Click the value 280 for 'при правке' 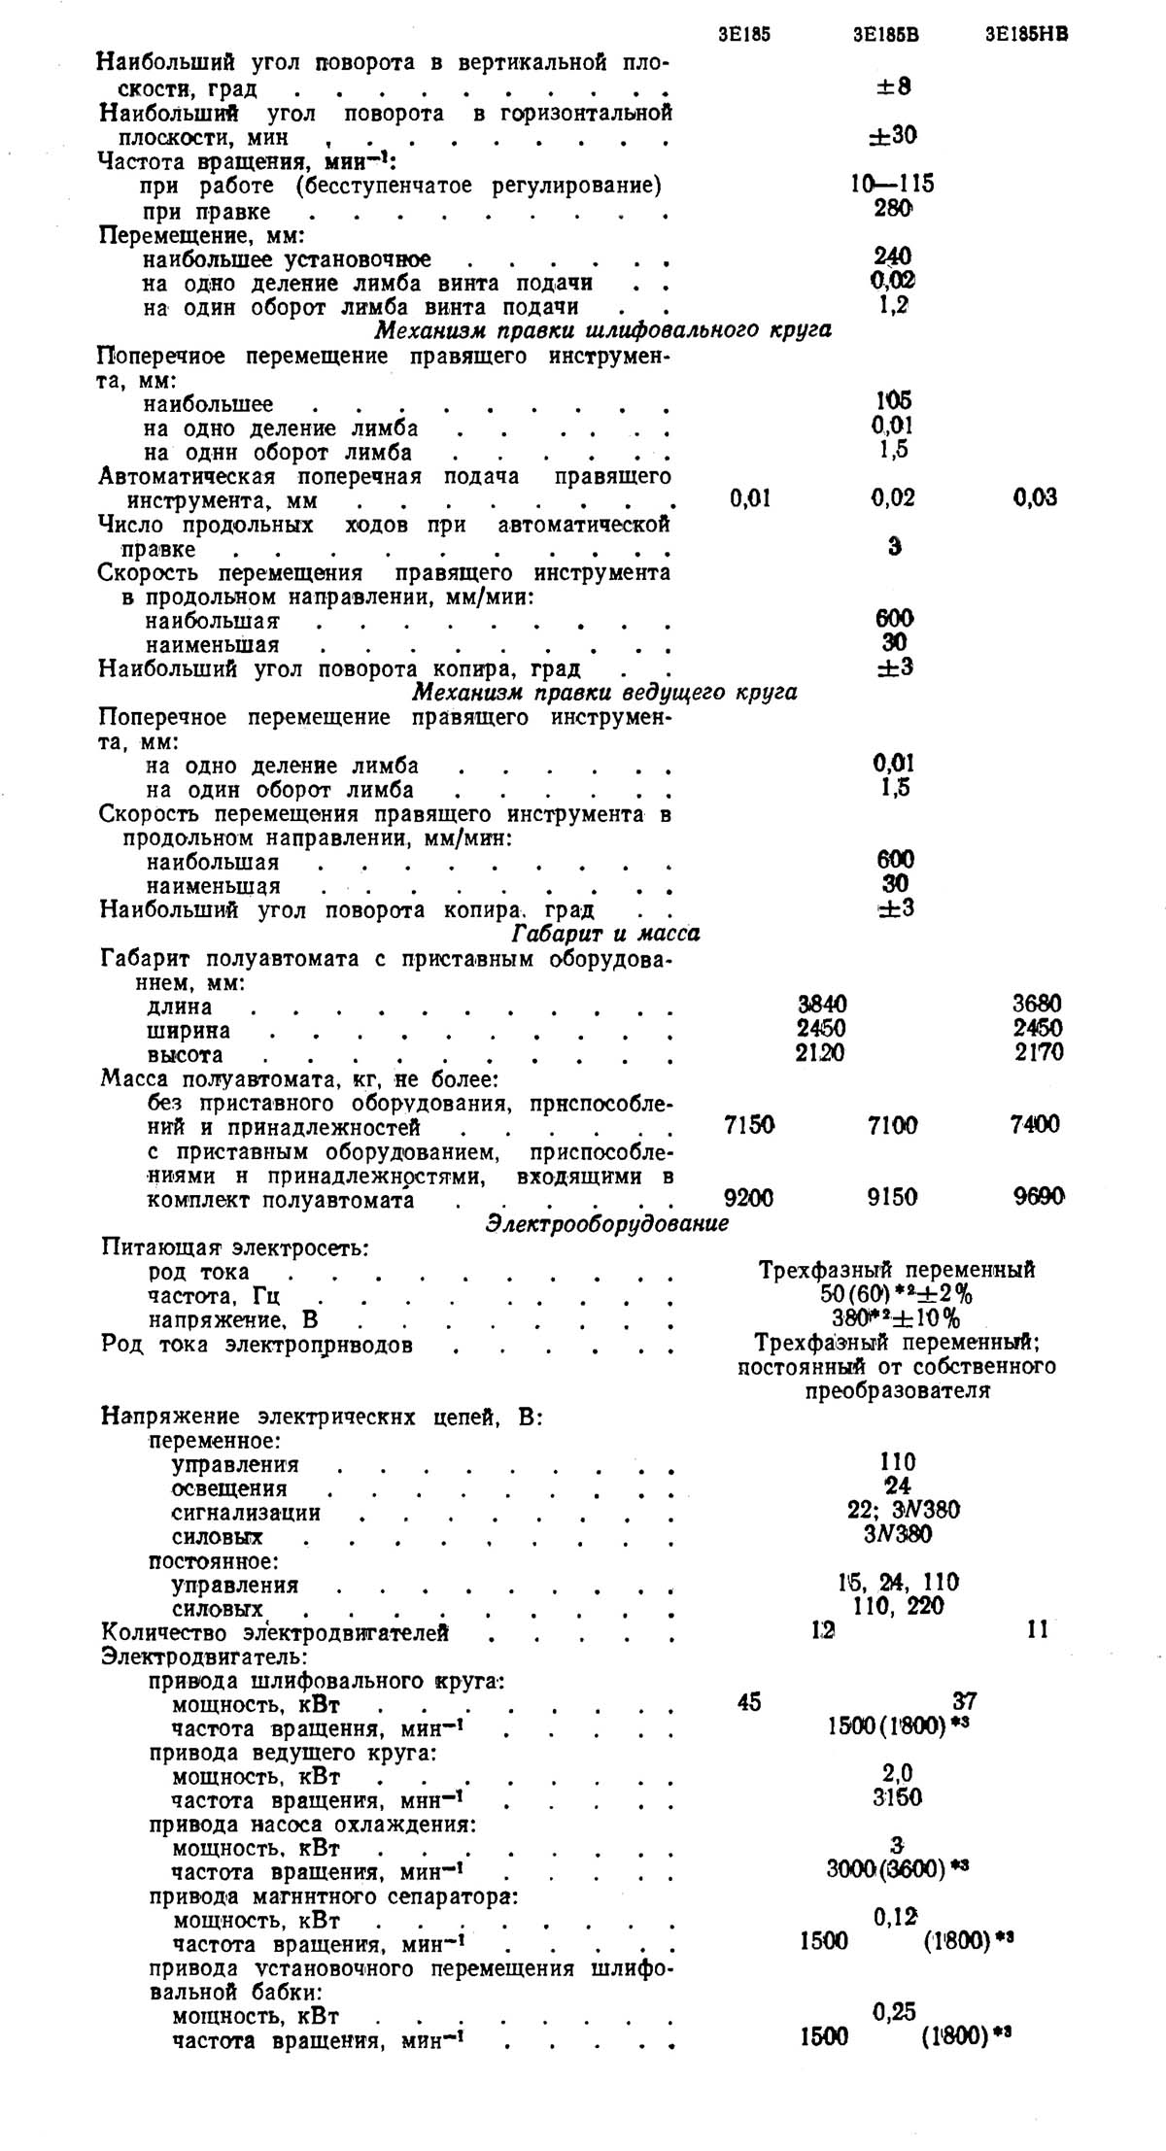pos(892,208)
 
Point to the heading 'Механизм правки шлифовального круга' pos(602,330)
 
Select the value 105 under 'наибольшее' pos(892,401)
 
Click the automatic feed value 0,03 pos(1035,498)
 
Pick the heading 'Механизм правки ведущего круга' pos(604,693)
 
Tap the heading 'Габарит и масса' pos(605,935)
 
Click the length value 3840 pos(821,1005)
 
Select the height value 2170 pos(1039,1052)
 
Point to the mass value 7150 pos(749,1125)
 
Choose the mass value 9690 pos(1039,1197)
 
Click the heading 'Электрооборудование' pos(606,1224)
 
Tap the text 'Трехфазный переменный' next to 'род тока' pos(896,1271)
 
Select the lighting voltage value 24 pos(897,1486)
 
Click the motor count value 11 pos(1038,1630)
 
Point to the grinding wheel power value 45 pos(749,1702)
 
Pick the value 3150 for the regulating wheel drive pos(897,1797)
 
